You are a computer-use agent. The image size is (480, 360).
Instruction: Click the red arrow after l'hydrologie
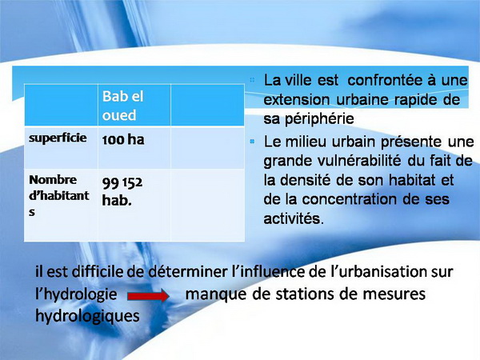pos(148,296)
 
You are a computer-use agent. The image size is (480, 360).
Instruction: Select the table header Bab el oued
pos(122,106)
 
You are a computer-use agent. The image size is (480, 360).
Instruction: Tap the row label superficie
pos(58,138)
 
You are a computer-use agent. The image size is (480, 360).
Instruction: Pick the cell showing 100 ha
pos(123,139)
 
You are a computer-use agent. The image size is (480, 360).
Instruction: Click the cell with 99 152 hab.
pos(122,191)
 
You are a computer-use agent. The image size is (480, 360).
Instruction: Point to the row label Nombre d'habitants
pos(59,195)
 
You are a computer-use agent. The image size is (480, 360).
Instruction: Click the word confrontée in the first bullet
pos(386,81)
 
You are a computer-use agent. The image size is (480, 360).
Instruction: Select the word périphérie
pos(319,118)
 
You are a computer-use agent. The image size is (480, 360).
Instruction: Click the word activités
pos(294,218)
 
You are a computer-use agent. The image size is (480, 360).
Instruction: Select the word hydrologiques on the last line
pos(87,317)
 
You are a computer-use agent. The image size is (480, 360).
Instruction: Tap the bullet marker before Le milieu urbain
pos(252,142)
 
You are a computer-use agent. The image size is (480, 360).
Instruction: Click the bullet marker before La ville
pos(252,80)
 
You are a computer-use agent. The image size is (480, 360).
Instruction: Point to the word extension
pos(297,100)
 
